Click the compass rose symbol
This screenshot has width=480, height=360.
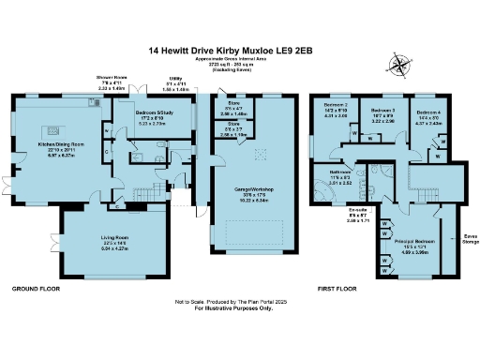coord(400,65)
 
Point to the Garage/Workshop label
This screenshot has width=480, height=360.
coord(247,193)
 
